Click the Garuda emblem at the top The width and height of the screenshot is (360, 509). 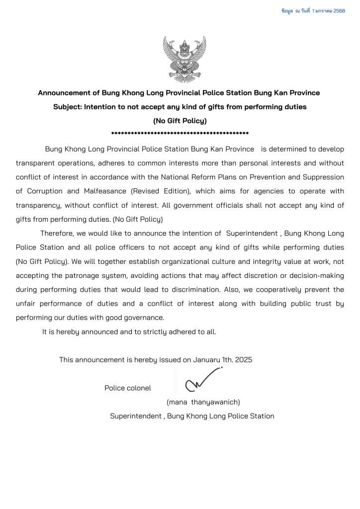pos(181,59)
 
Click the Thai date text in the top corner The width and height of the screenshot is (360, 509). pos(313,10)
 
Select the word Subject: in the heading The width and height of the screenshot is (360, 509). pos(68,106)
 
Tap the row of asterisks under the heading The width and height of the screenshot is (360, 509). pos(180,133)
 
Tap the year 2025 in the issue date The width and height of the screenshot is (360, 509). pos(244,359)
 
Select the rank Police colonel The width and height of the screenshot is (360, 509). pos(128,388)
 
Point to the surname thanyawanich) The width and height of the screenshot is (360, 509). pos(216,402)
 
